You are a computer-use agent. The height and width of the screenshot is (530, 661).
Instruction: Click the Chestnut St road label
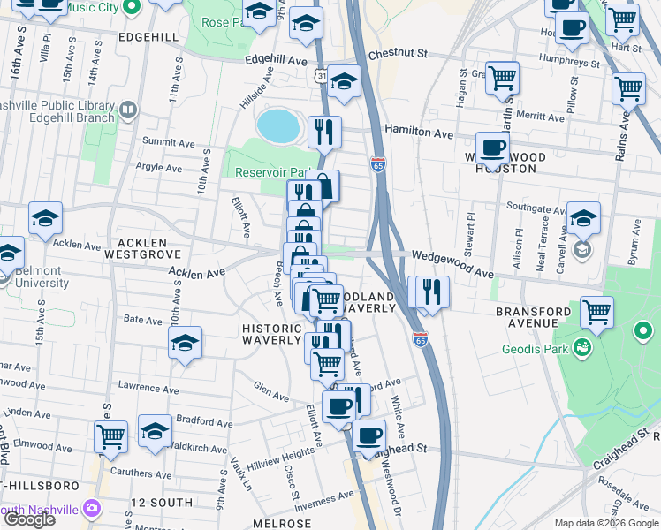pyautogui.click(x=398, y=54)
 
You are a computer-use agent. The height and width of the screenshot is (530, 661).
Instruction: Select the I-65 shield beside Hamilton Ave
pyautogui.click(x=378, y=164)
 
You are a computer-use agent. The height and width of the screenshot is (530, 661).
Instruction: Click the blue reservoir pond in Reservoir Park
pyautogui.click(x=277, y=125)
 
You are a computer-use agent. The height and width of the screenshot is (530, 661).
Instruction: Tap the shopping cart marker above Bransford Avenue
pyautogui.click(x=597, y=311)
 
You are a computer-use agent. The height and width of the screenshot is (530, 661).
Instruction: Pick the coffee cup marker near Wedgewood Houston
pyautogui.click(x=492, y=147)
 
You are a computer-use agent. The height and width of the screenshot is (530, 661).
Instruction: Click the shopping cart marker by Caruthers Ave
pyautogui.click(x=111, y=435)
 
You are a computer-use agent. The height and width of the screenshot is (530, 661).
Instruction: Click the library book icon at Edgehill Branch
pyautogui.click(x=129, y=110)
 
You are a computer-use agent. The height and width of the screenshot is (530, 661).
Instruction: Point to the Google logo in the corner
pyautogui.click(x=29, y=519)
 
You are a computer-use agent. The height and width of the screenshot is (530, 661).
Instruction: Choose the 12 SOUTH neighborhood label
pyautogui.click(x=161, y=503)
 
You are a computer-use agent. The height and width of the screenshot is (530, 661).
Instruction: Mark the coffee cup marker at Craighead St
pyautogui.click(x=368, y=435)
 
